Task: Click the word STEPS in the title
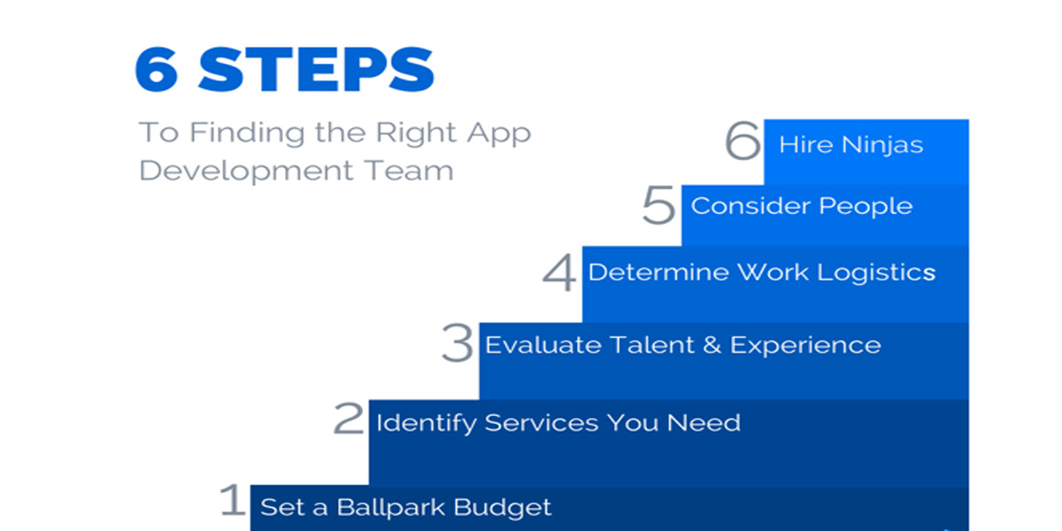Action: (316, 69)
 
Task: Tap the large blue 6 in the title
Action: (157, 69)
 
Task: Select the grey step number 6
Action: (743, 141)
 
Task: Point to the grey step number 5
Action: (658, 204)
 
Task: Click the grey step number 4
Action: (559, 273)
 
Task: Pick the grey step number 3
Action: (457, 343)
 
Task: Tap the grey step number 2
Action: (349, 418)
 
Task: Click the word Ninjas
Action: (882, 146)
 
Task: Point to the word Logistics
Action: (877, 273)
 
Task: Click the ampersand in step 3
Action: (712, 344)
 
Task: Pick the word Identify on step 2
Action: (427, 424)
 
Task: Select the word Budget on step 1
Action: (503, 508)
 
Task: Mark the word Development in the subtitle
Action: (246, 171)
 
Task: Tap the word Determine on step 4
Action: (658, 273)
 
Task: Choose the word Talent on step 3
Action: (652, 344)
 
